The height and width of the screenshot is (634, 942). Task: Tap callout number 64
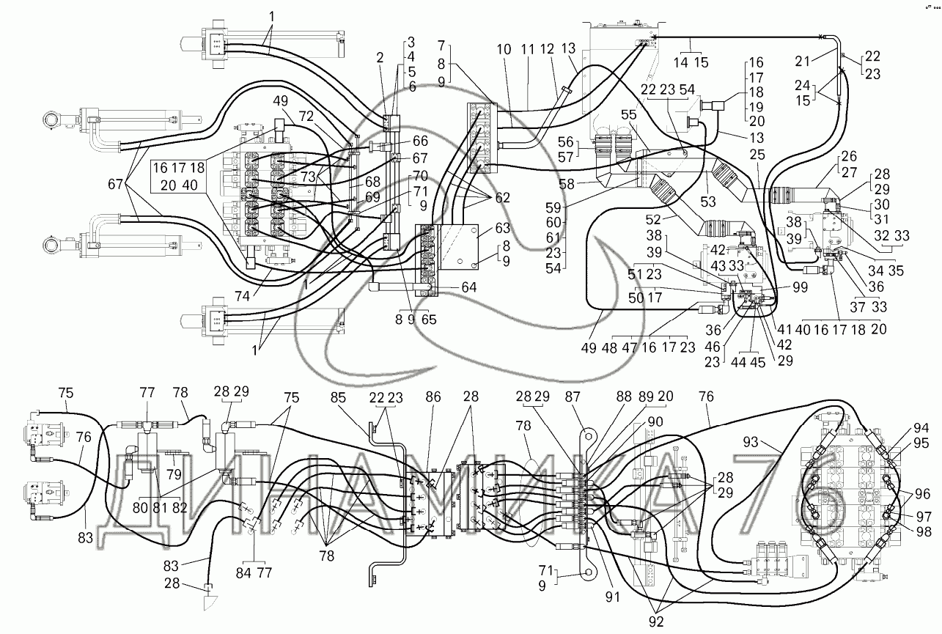[469, 287]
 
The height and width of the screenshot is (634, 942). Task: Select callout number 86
[433, 398]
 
